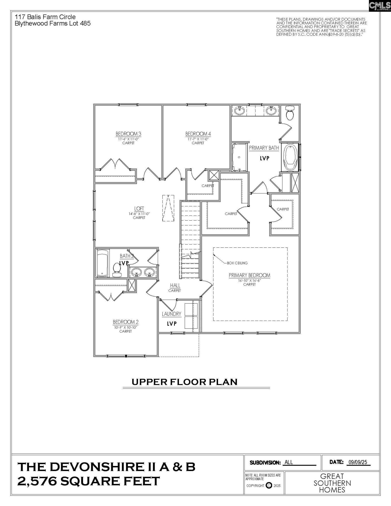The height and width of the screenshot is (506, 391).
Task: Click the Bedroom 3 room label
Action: (x=128, y=134)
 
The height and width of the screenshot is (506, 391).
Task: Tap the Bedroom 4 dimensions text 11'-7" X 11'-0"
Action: (x=198, y=139)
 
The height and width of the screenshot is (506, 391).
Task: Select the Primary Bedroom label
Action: (x=249, y=275)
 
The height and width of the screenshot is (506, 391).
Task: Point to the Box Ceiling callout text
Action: (x=237, y=263)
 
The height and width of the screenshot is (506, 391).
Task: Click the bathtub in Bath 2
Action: (x=102, y=263)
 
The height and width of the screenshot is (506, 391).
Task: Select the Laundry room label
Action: (x=172, y=314)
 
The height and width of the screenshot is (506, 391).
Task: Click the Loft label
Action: (x=139, y=209)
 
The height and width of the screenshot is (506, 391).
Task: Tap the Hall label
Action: (x=175, y=285)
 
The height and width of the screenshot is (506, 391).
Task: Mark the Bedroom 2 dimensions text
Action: (x=125, y=327)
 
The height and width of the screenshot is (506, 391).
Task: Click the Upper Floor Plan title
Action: (x=185, y=382)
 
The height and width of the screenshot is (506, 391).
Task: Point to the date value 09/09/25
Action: (x=358, y=462)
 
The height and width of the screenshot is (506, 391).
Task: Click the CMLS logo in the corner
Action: (x=380, y=6)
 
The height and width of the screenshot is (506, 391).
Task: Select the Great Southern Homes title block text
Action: (x=332, y=483)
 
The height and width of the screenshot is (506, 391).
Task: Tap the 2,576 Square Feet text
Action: (x=89, y=481)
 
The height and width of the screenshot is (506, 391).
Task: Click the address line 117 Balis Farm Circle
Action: (x=45, y=17)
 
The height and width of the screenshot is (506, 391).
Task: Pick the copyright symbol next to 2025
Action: (x=269, y=485)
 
